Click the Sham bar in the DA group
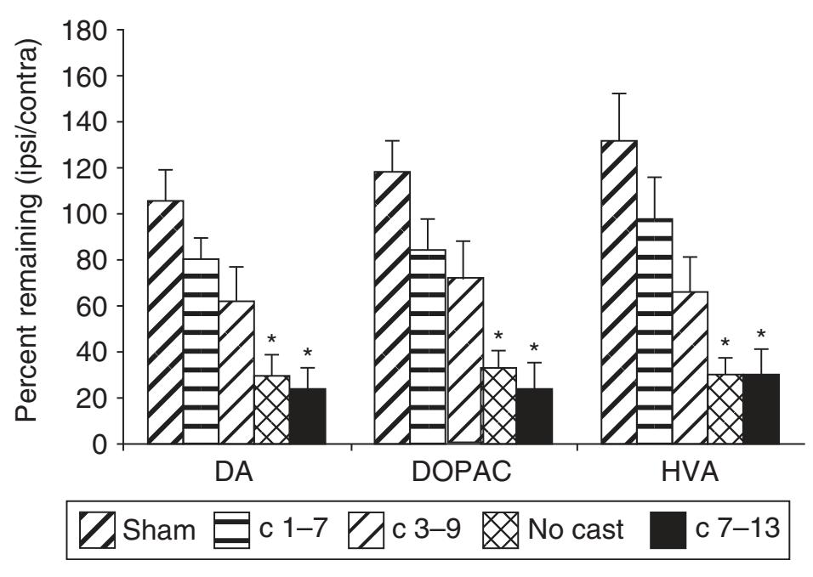tap(166, 322)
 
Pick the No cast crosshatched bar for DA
tap(272, 410)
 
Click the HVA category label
tap(689, 473)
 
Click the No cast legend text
tap(577, 531)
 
